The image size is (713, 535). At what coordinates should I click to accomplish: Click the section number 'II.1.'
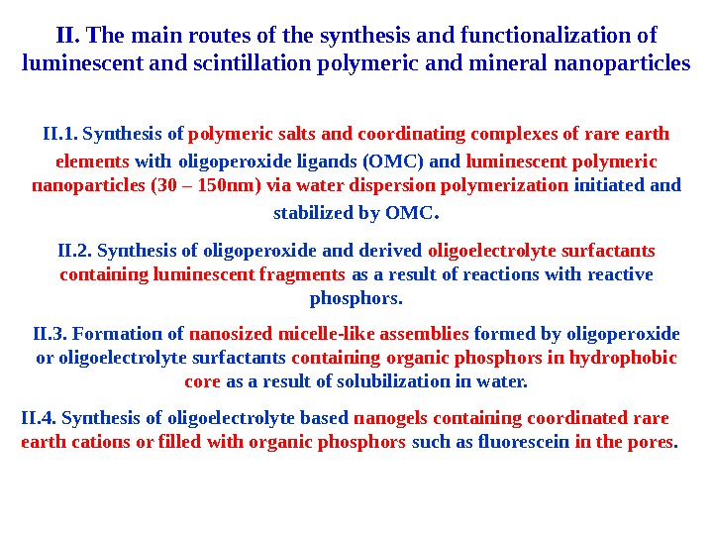pyautogui.click(x=62, y=134)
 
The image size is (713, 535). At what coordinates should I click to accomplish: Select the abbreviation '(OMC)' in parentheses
pyautogui.click(x=398, y=160)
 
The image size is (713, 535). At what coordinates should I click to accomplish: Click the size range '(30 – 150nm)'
pyautogui.click(x=213, y=185)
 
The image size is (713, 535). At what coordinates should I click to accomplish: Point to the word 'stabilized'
pyautogui.click(x=313, y=212)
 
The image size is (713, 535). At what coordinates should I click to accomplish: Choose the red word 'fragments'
pyautogui.click(x=295, y=274)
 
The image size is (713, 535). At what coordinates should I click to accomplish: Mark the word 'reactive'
pyautogui.click(x=621, y=274)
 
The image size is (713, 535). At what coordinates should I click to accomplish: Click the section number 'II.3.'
pyautogui.click(x=51, y=333)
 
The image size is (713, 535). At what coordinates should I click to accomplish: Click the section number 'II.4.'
pyautogui.click(x=38, y=417)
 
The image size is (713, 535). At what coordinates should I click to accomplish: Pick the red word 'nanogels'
pyautogui.click(x=385, y=417)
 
